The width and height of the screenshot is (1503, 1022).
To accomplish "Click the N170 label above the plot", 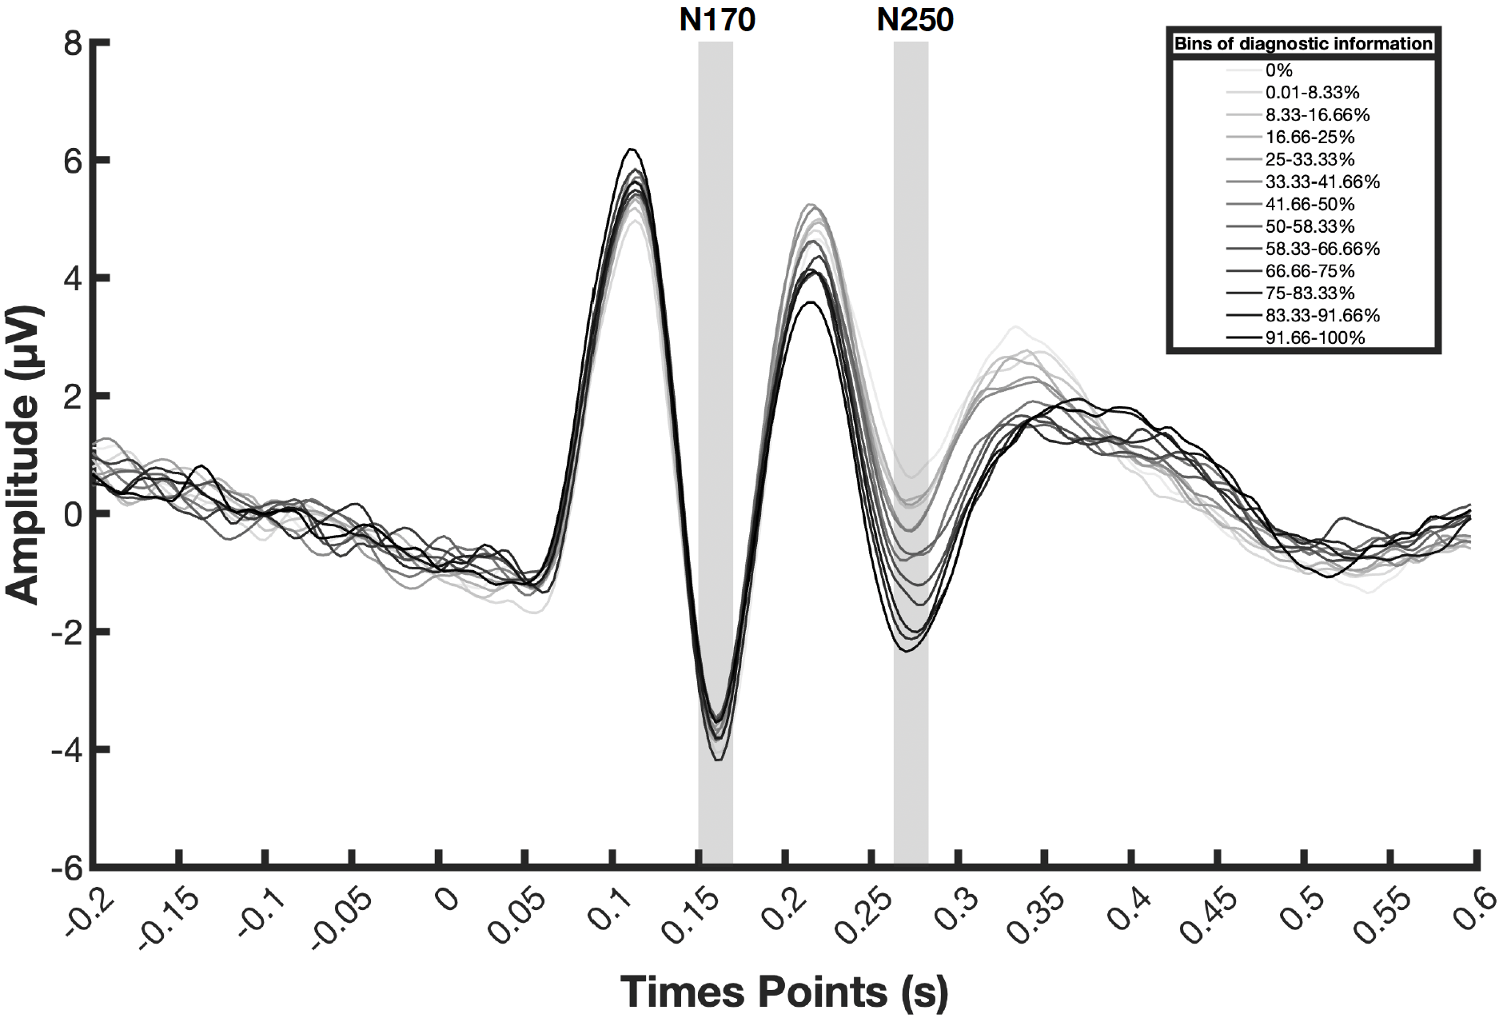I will [716, 20].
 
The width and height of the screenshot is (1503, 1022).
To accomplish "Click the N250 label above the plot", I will [915, 20].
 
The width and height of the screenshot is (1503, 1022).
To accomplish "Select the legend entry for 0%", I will [1278, 70].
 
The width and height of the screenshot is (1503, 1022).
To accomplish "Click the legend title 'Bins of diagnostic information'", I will [1303, 43].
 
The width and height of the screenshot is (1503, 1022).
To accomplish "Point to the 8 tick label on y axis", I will [74, 43].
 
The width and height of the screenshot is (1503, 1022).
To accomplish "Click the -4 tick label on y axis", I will [67, 750].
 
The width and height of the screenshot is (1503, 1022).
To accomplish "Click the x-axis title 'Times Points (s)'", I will [784, 992].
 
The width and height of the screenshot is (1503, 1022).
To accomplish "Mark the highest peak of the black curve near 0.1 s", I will [632, 149].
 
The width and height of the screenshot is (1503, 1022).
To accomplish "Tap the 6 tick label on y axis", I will [74, 161].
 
